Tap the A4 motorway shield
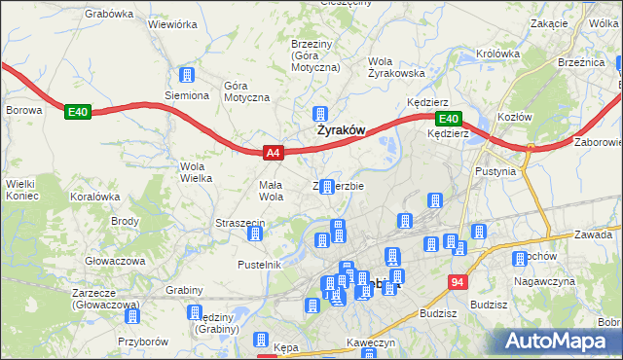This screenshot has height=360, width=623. [x=274, y=153]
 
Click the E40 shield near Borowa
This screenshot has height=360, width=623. [x=79, y=113]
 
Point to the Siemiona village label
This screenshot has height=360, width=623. [x=186, y=95]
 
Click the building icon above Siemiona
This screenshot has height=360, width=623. [x=186, y=76]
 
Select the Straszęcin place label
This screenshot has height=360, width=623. [x=240, y=224]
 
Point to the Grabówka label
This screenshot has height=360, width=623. [x=108, y=14]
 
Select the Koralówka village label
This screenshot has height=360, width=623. [x=94, y=196]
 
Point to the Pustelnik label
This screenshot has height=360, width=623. [x=259, y=264]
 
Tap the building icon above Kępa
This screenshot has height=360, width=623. [x=261, y=340]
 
